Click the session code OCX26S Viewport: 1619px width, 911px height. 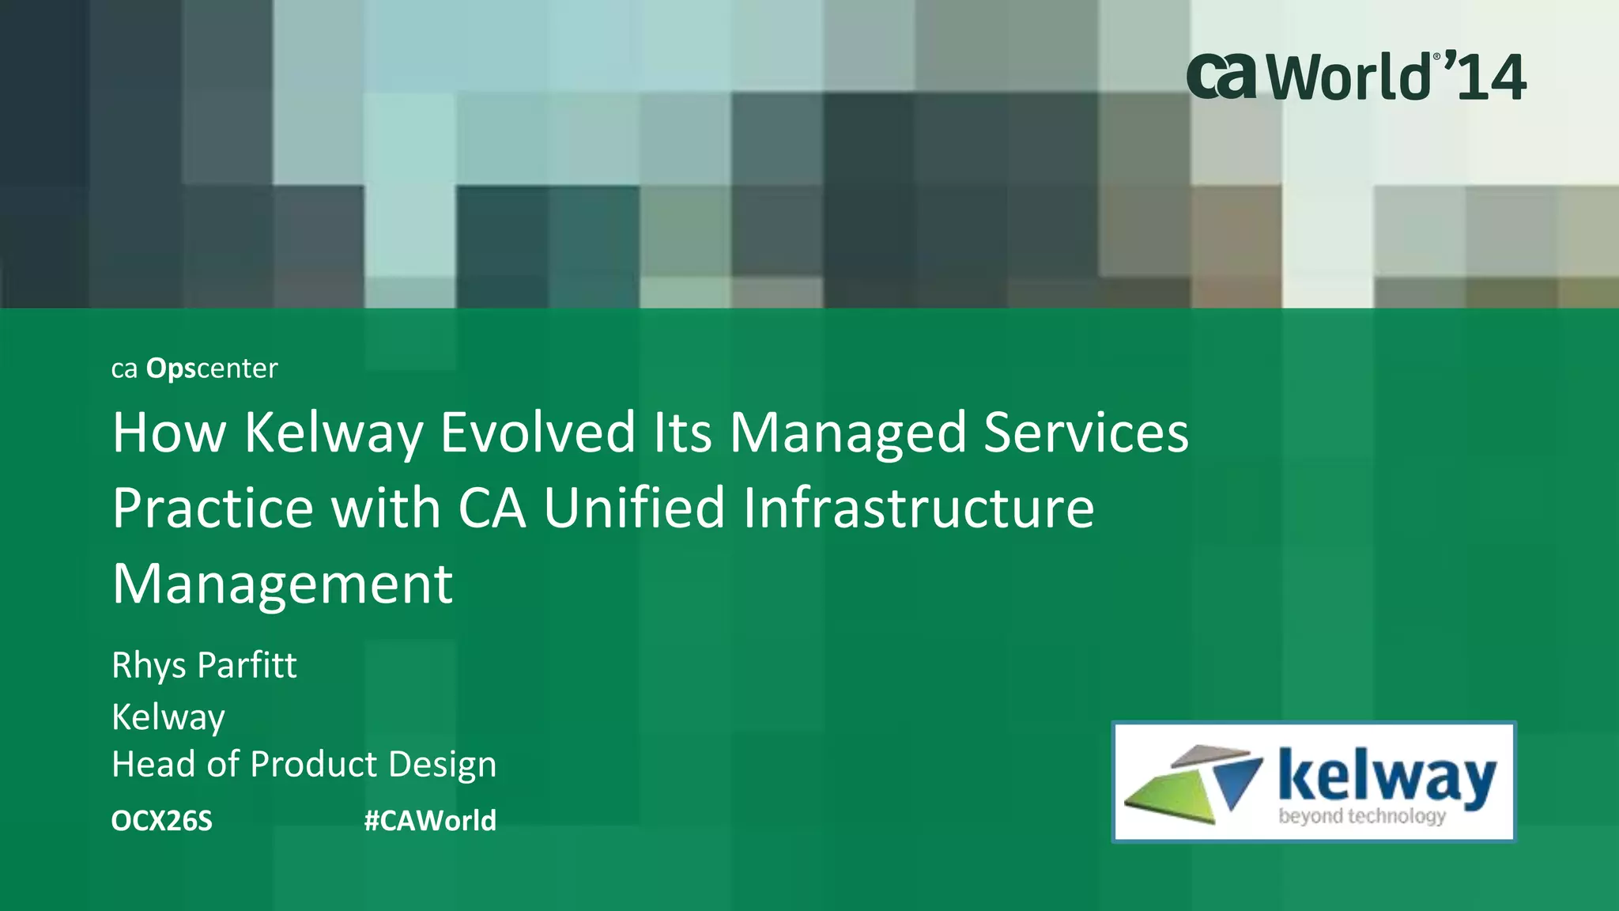[162, 821]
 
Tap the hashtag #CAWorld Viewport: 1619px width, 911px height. [430, 821]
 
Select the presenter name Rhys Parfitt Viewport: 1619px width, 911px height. [204, 665]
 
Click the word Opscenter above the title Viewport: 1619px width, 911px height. [212, 369]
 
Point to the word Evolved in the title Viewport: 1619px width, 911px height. [538, 433]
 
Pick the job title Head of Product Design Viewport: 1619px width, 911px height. [304, 765]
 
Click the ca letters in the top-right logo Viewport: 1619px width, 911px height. [1221, 76]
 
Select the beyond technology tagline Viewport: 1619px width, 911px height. [1362, 816]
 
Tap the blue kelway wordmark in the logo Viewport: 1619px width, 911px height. [1387, 777]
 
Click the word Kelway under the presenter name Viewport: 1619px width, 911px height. [168, 717]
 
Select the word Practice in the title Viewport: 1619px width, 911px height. [213, 508]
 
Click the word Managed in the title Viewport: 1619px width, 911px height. [847, 433]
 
